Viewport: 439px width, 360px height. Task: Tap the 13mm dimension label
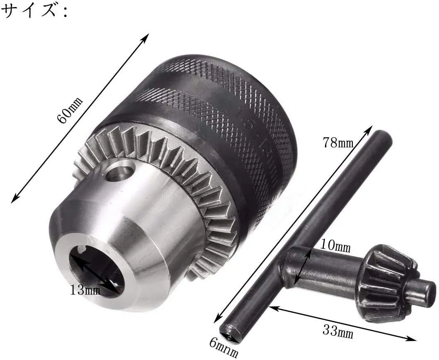85,290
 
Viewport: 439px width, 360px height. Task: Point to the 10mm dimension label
335,246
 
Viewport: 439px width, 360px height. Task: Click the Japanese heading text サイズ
28,12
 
